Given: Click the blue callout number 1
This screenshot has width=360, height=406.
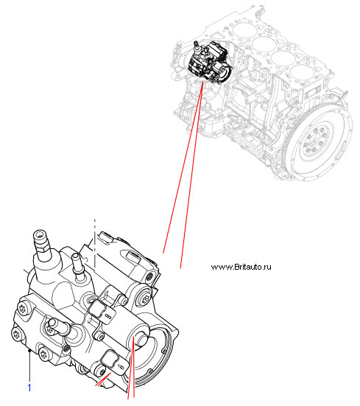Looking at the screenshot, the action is [29, 388].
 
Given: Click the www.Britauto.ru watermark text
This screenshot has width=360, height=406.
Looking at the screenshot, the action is [241, 267].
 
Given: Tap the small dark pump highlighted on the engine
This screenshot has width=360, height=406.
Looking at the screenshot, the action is [210, 63].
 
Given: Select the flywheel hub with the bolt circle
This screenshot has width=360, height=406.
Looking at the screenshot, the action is [316, 142].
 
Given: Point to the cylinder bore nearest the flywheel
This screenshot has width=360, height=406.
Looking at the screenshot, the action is [302, 71].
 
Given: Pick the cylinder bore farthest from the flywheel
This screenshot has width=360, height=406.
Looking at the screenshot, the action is [244, 29].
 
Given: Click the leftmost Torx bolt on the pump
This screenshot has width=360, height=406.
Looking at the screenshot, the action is [16, 335].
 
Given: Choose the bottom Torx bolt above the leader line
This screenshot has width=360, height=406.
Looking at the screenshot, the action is [43, 354].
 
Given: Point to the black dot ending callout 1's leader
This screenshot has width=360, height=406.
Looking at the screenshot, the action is [29, 351].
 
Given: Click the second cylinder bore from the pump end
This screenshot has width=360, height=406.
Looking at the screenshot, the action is [264, 43].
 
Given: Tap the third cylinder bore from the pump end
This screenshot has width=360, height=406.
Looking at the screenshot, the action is [283, 57].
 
